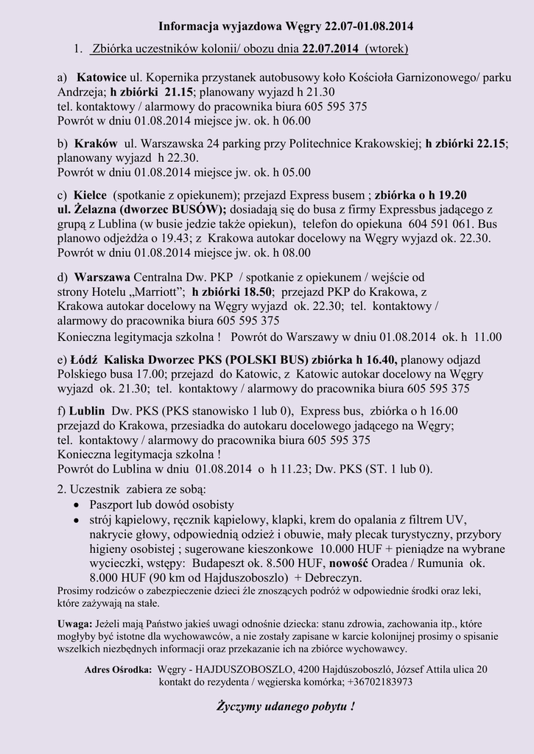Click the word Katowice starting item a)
(x=102, y=77)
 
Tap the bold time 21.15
(x=179, y=92)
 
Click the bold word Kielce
(x=90, y=195)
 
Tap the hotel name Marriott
(x=158, y=292)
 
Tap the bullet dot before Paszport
(x=78, y=505)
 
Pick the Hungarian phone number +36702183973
(x=376, y=682)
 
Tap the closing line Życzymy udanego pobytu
(x=284, y=707)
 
